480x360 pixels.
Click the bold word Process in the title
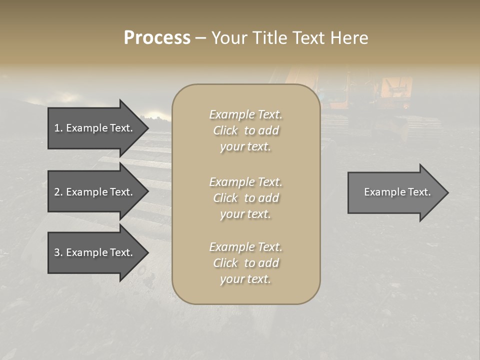[157, 38]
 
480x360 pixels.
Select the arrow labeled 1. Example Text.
[95, 128]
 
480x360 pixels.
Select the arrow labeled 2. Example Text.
[95, 192]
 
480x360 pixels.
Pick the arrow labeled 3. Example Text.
[95, 252]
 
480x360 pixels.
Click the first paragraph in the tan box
[245, 130]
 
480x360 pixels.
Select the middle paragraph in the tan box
[245, 198]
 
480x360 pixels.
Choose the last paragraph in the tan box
[245, 263]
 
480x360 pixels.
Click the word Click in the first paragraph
[225, 130]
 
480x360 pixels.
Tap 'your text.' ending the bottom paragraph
[245, 279]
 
